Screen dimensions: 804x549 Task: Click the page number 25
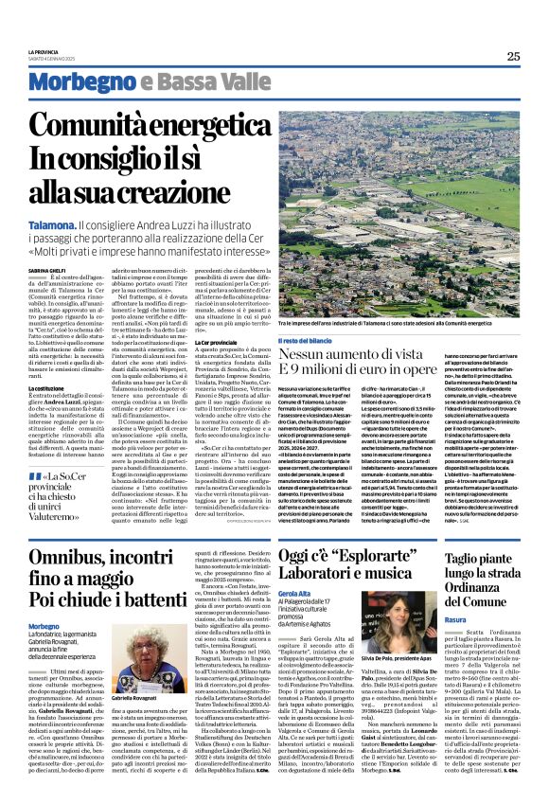point(513,57)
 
